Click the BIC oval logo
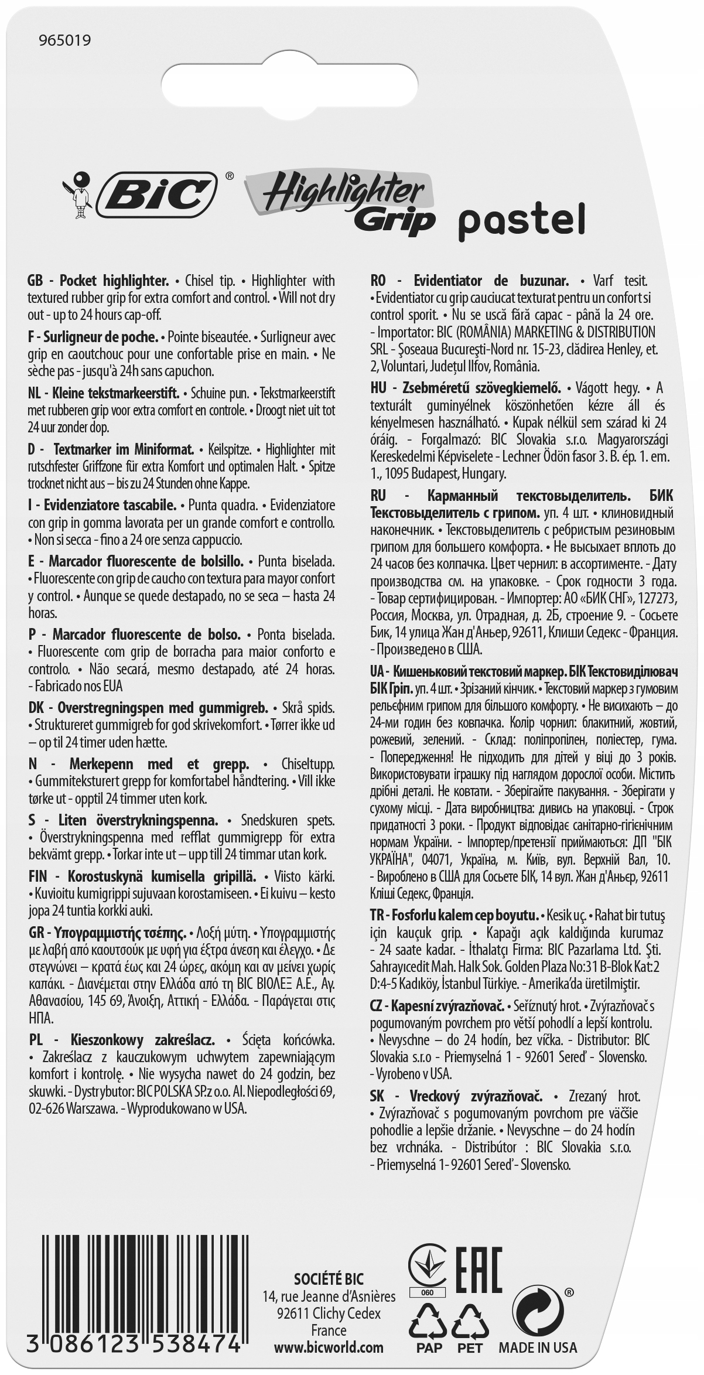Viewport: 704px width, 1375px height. (158, 195)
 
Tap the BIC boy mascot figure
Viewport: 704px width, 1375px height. (78, 195)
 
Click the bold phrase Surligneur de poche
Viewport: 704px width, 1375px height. (102, 337)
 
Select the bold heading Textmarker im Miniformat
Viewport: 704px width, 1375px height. (124, 450)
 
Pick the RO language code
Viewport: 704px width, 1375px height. (379, 281)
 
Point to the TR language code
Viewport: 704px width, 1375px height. (378, 931)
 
